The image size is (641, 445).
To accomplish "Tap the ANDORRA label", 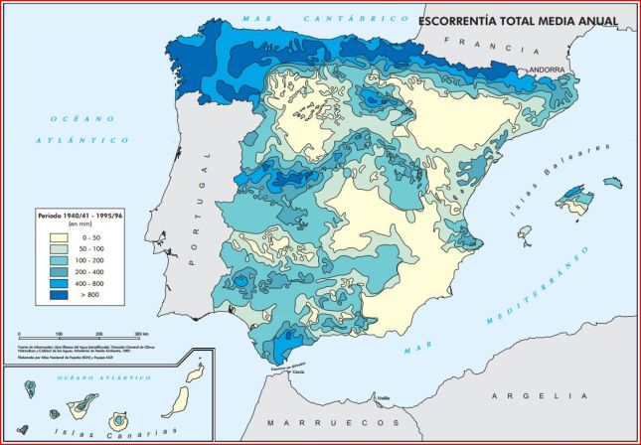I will pos(546,70).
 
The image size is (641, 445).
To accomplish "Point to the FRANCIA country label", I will pos(484,43).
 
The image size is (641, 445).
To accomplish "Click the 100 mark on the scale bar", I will pos(59,333).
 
